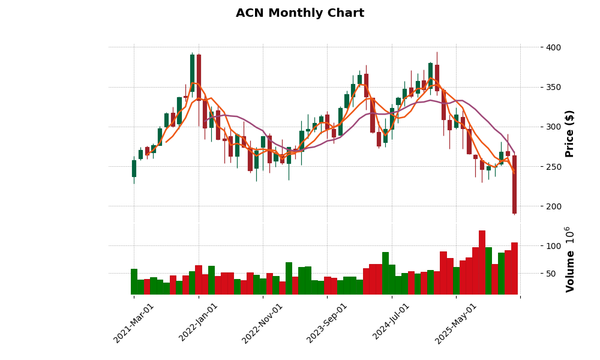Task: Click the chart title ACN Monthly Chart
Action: [299, 13]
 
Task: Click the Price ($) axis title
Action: [569, 133]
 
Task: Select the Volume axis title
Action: [569, 259]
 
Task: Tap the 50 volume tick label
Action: [551, 274]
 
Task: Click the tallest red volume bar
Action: [482, 263]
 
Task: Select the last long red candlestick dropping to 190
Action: [514, 184]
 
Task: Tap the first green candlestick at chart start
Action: [134, 169]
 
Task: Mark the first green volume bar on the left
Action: [134, 282]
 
